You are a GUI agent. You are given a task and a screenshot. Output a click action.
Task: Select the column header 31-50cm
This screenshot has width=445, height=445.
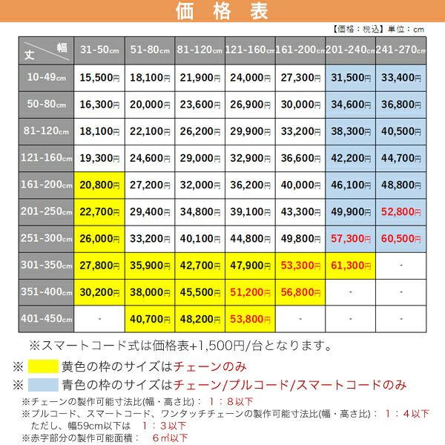pyautogui.click(x=99, y=50)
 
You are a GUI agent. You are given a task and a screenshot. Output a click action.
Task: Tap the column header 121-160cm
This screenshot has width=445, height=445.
pyautogui.click(x=250, y=50)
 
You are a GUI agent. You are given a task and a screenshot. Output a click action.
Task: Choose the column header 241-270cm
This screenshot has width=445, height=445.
pyautogui.click(x=400, y=50)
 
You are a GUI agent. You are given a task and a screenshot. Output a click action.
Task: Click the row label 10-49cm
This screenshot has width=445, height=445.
pyautogui.click(x=46, y=77)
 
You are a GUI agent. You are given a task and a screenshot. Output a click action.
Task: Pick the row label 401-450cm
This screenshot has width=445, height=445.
pyautogui.click(x=46, y=318)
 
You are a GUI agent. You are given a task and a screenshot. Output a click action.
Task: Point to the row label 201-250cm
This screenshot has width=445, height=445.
pyautogui.click(x=46, y=211)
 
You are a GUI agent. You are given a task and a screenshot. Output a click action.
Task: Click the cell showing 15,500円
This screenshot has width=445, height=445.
pyautogui.click(x=99, y=77)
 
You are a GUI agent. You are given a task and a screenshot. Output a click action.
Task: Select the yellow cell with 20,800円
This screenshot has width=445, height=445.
pyautogui.click(x=99, y=185)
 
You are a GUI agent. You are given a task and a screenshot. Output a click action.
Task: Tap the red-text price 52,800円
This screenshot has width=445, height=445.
pyautogui.click(x=400, y=211)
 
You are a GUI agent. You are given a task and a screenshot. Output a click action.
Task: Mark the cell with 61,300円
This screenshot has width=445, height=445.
pyautogui.click(x=350, y=265)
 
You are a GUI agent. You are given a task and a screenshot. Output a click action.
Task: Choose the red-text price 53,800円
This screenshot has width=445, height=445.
pyautogui.click(x=250, y=318)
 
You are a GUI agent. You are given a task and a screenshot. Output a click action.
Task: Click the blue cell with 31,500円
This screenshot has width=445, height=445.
pyautogui.click(x=350, y=77)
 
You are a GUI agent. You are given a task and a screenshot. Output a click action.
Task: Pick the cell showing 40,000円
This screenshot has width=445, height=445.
pyautogui.click(x=300, y=185)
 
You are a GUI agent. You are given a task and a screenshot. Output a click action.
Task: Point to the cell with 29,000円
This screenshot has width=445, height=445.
pyautogui.click(x=200, y=158)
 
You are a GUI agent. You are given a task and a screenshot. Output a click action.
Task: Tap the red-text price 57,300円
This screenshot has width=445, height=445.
pyautogui.click(x=350, y=238)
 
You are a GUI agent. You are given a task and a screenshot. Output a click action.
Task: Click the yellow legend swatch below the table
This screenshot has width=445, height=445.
pyautogui.click(x=43, y=366)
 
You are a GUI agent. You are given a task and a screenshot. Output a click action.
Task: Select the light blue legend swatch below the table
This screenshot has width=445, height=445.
pyautogui.click(x=43, y=385)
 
